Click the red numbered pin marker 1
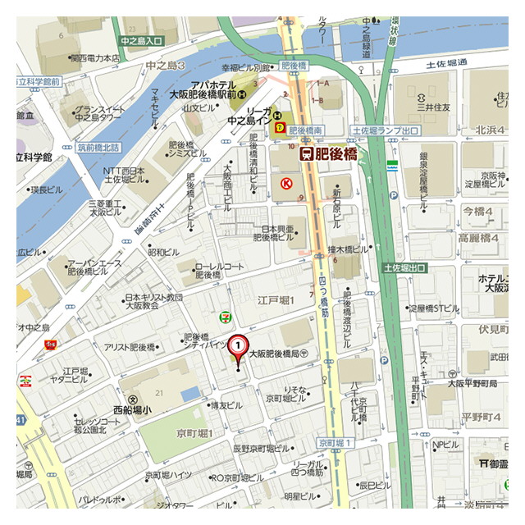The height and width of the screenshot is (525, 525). click(238, 349)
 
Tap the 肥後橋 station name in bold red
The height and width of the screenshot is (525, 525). click(327, 153)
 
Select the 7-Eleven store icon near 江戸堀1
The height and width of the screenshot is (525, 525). click(223, 317)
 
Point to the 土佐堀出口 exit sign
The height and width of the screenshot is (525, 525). click(405, 268)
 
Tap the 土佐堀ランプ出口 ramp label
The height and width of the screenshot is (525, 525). click(385, 130)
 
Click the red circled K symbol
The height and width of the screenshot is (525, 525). click(286, 184)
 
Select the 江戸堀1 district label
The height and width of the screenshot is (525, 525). click(275, 302)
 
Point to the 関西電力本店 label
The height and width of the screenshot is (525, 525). click(95, 58)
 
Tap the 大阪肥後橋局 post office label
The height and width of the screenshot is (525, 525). click(278, 352)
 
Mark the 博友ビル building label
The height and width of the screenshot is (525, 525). click(226, 405)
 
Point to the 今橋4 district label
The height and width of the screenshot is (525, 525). click(480, 211)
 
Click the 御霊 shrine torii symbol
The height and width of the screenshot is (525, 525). click(484, 464)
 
